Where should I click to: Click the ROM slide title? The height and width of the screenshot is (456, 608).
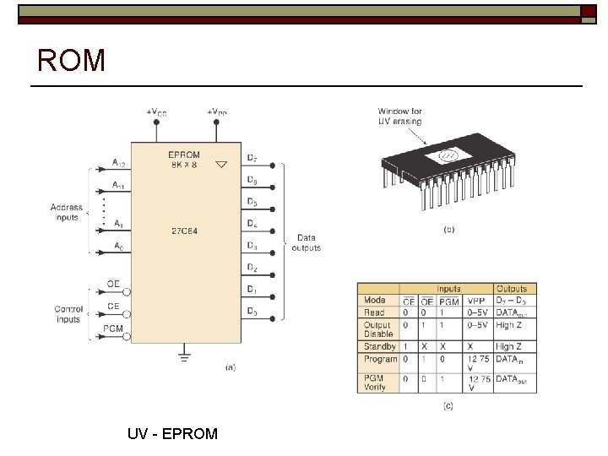click(x=72, y=61)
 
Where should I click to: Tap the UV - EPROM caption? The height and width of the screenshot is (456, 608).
click(x=172, y=434)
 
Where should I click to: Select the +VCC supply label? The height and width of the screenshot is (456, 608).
click(x=156, y=111)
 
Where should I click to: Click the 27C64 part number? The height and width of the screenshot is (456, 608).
click(x=184, y=230)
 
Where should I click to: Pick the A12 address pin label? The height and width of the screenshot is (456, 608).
click(x=119, y=163)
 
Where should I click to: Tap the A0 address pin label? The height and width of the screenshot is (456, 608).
click(x=119, y=246)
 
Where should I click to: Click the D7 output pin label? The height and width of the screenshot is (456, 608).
click(x=252, y=158)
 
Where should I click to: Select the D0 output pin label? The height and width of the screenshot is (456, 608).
click(x=252, y=312)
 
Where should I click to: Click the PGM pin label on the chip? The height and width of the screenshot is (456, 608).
click(x=114, y=328)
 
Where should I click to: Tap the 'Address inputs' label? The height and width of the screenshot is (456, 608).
click(x=66, y=212)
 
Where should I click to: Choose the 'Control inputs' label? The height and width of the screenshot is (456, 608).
click(x=68, y=314)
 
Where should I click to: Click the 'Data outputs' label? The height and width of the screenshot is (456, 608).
click(x=306, y=243)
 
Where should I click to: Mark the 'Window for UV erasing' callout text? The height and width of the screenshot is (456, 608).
click(x=400, y=116)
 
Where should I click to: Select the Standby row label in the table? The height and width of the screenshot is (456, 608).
click(x=379, y=346)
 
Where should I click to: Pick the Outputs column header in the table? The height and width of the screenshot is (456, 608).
click(x=512, y=289)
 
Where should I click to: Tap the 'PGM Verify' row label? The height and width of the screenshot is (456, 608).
click(x=374, y=383)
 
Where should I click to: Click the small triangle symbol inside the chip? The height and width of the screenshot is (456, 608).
click(x=221, y=165)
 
